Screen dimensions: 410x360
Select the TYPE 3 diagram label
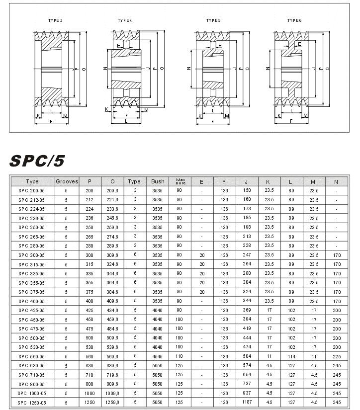pos(55,20)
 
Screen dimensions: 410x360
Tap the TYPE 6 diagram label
pos(295,20)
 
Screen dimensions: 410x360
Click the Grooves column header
pos(67,182)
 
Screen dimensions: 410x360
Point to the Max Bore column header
pos(180,181)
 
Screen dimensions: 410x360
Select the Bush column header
pos(158,182)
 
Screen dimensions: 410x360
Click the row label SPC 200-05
pos(32,190)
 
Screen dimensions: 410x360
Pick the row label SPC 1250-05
pos(32,403)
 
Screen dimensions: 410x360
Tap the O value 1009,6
pos(112,393)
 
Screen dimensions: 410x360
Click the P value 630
pos(90,365)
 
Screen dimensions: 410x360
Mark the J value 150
pos(247,190)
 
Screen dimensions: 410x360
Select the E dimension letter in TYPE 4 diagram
pos(118,45)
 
